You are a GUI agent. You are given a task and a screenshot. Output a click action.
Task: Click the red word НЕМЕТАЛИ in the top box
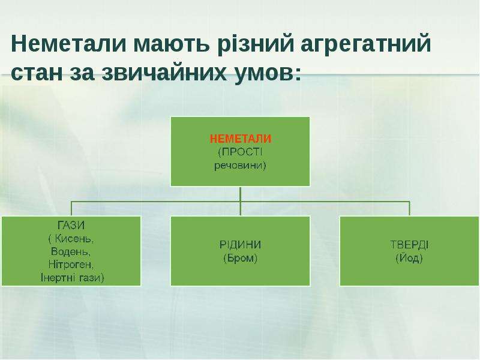[x=241, y=139]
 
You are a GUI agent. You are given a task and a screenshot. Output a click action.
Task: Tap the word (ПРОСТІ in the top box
[x=241, y=152]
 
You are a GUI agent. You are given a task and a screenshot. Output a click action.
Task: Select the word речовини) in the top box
[x=241, y=166]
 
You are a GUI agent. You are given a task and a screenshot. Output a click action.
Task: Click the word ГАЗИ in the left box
[x=71, y=226]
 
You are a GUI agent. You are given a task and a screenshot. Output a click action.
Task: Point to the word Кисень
[x=74, y=239]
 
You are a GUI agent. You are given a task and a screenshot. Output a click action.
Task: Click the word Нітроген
[x=71, y=265]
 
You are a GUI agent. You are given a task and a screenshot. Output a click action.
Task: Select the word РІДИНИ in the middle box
[x=241, y=245]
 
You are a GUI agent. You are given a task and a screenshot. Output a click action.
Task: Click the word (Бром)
[x=241, y=259]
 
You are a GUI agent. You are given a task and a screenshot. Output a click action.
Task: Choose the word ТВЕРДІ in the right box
[x=409, y=245]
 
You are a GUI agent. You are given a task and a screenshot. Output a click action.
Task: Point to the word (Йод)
[x=409, y=259]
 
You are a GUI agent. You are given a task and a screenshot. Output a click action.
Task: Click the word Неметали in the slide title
[x=68, y=43]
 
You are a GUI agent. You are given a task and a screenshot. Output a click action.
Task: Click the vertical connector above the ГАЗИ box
[x=71, y=209]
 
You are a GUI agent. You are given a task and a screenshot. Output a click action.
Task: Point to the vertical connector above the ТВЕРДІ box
[x=409, y=209]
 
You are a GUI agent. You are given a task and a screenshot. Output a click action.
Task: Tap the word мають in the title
[x=172, y=44]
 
